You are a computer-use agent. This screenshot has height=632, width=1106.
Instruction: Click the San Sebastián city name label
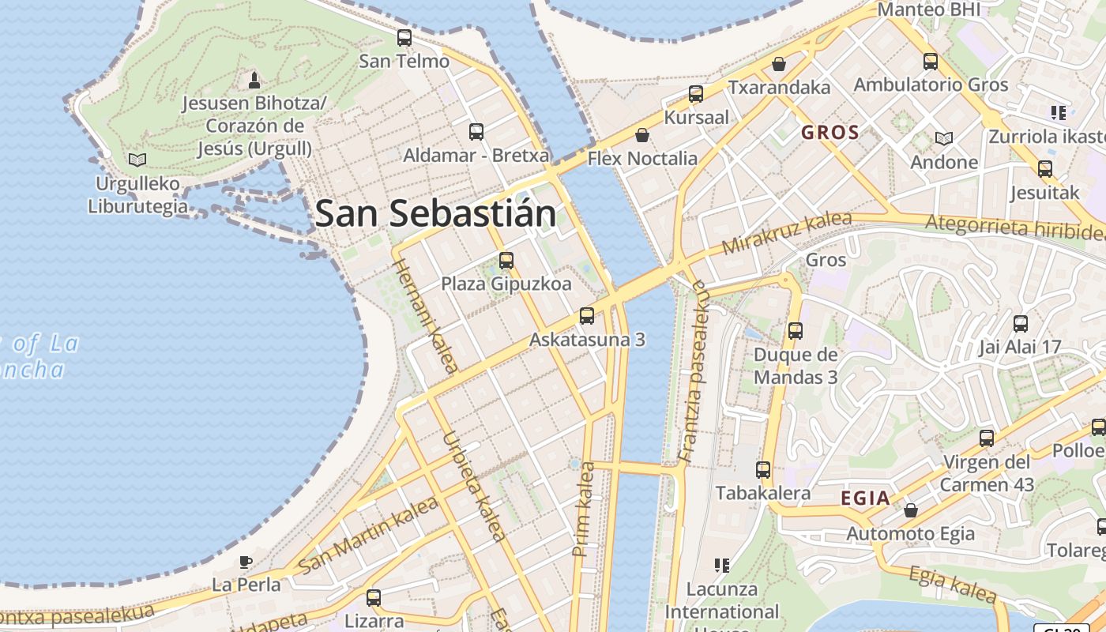tap(434, 214)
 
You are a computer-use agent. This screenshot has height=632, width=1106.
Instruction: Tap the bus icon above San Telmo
tap(404, 37)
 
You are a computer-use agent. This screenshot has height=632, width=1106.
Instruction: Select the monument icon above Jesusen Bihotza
tap(254, 80)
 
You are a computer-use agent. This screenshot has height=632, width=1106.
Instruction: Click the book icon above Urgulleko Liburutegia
tap(137, 160)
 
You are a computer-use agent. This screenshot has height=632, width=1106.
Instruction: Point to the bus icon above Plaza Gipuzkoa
tap(506, 260)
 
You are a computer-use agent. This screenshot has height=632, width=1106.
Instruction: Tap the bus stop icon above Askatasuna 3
tap(587, 316)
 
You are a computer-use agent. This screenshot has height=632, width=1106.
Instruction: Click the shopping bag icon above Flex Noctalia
tap(642, 135)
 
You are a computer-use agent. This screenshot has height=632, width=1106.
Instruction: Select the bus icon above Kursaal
tap(696, 94)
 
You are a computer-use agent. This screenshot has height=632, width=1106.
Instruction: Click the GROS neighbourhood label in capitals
tap(830, 133)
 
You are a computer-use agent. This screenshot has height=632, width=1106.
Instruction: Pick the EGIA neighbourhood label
tap(866, 498)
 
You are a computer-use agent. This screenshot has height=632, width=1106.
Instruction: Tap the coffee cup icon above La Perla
tap(246, 562)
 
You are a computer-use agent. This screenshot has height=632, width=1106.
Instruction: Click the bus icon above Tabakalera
tap(763, 470)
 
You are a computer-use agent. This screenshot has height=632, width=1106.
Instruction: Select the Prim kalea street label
tap(585, 509)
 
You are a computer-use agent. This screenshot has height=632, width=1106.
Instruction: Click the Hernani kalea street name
tap(425, 314)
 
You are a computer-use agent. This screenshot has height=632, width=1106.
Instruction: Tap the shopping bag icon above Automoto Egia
tap(911, 510)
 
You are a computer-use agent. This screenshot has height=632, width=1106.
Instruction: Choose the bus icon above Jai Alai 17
tap(1021, 323)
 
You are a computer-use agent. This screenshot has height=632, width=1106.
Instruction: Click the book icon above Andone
tap(944, 138)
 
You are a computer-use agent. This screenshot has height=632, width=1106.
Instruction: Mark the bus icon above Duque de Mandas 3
tap(796, 331)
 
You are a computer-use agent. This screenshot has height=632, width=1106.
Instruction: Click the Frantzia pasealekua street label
tap(692, 371)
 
